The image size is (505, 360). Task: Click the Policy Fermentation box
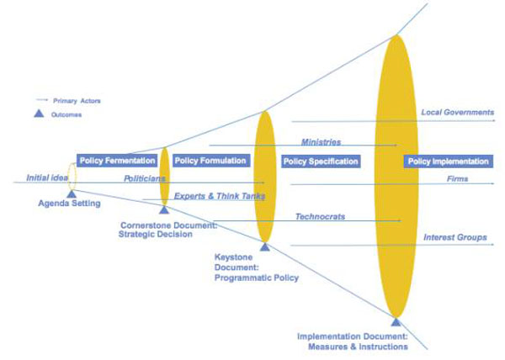coord(117,160)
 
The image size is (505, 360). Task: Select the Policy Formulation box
coord(210,160)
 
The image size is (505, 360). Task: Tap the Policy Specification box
coord(321,161)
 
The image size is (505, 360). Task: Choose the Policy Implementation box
coord(447,161)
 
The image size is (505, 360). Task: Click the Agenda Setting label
coord(69,204)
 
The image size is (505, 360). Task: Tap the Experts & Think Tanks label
coord(219,196)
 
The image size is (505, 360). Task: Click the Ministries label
coord(321,142)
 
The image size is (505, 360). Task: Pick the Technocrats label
coord(320,216)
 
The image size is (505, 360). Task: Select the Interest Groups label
coord(454,237)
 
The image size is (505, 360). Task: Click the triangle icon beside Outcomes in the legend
coord(39,114)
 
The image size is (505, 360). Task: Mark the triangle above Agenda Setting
coord(72,193)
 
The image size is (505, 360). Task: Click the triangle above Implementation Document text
coord(396,320)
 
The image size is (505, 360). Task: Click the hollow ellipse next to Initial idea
coord(72,176)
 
